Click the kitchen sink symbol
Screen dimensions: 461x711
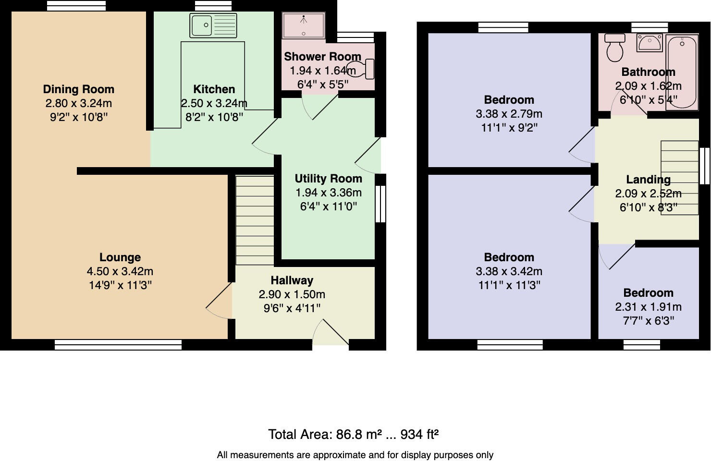213,25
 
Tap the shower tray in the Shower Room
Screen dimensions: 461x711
304,25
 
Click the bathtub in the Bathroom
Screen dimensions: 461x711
682,71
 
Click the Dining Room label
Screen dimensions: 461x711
79,89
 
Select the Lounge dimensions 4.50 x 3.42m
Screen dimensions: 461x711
120,271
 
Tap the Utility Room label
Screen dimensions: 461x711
328,179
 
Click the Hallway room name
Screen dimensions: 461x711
292,280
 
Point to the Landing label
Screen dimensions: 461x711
648,180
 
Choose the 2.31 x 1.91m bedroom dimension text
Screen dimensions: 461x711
648,307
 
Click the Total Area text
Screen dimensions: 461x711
353,435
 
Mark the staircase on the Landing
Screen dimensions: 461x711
679,178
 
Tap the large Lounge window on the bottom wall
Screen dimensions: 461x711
118,344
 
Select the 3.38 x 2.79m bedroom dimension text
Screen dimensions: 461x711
509,114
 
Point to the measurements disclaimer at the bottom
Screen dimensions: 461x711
355,455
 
